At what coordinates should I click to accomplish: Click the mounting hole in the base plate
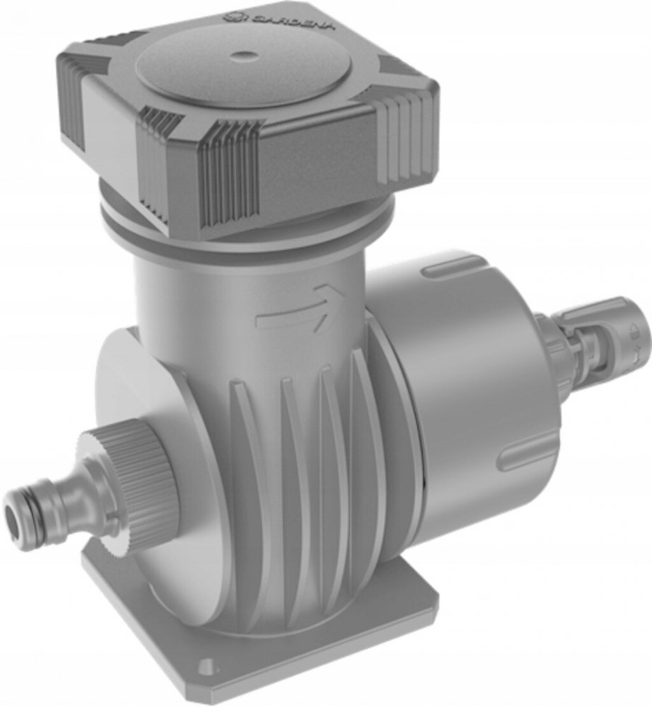(x=206, y=664)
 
